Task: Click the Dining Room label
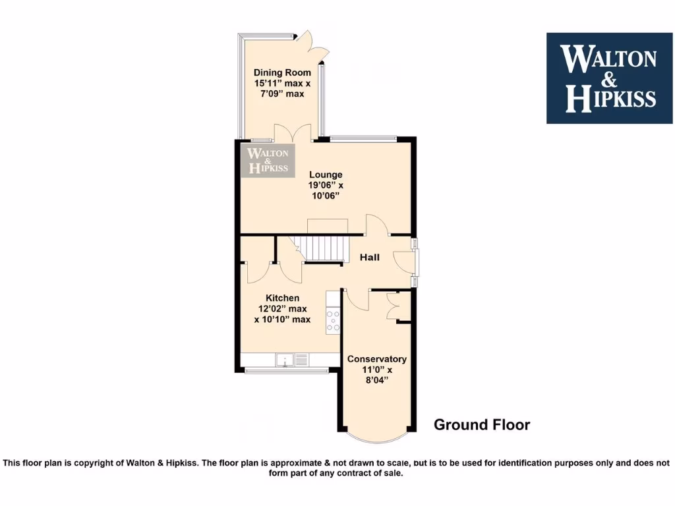coord(279,72)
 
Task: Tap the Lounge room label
coord(328,175)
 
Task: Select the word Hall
coord(369,258)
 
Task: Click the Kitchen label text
coord(282,298)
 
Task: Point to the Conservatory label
coord(376,359)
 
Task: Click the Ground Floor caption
coord(481,425)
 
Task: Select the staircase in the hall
coord(324,249)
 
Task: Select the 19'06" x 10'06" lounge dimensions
coord(328,190)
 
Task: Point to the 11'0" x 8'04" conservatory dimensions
coord(376,375)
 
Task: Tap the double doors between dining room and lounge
coord(294,132)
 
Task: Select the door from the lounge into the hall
coord(376,225)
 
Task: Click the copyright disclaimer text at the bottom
coord(337,468)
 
